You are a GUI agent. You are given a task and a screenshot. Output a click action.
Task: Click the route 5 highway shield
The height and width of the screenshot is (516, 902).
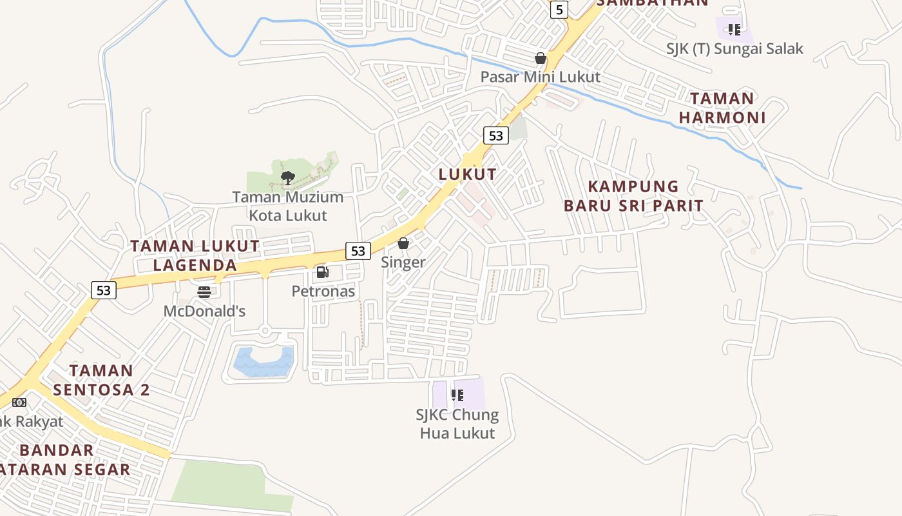559,10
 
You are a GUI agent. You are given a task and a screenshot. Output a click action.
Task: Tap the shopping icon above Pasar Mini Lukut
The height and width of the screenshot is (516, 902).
541,58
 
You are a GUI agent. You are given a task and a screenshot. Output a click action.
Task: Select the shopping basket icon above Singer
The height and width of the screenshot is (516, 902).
403,243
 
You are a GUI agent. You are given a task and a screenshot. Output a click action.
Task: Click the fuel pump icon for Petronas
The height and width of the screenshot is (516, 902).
323,272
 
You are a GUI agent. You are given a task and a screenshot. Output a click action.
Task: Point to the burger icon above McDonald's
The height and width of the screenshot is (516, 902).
204,292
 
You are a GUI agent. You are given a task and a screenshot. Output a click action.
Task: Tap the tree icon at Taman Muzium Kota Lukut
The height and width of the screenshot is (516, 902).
288,177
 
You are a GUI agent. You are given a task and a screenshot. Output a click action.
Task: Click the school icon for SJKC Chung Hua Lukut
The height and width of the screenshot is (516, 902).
457,395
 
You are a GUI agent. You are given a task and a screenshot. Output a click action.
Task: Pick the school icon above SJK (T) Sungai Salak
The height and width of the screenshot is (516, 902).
734,29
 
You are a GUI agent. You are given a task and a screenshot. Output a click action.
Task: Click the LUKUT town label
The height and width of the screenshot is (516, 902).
468,174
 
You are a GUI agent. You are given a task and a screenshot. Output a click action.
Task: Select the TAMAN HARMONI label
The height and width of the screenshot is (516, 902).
722,108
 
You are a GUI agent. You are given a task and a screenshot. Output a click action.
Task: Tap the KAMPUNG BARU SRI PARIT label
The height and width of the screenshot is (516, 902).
633,196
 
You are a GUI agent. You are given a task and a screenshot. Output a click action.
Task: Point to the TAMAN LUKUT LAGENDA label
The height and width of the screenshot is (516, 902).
195,255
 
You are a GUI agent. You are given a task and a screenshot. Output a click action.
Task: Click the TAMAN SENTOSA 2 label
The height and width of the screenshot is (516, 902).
101,380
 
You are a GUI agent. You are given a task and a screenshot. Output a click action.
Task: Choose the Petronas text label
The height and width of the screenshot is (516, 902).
323,291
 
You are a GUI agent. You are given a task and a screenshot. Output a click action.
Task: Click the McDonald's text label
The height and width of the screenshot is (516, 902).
204,311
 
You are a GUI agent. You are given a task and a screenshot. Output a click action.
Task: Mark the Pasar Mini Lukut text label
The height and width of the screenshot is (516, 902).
541,77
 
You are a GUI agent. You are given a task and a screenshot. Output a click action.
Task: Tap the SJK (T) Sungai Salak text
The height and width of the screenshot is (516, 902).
735,48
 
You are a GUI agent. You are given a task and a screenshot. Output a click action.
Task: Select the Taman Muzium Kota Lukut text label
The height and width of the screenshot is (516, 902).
288,206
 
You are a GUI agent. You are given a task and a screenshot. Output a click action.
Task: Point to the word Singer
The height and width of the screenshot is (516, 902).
403,262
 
